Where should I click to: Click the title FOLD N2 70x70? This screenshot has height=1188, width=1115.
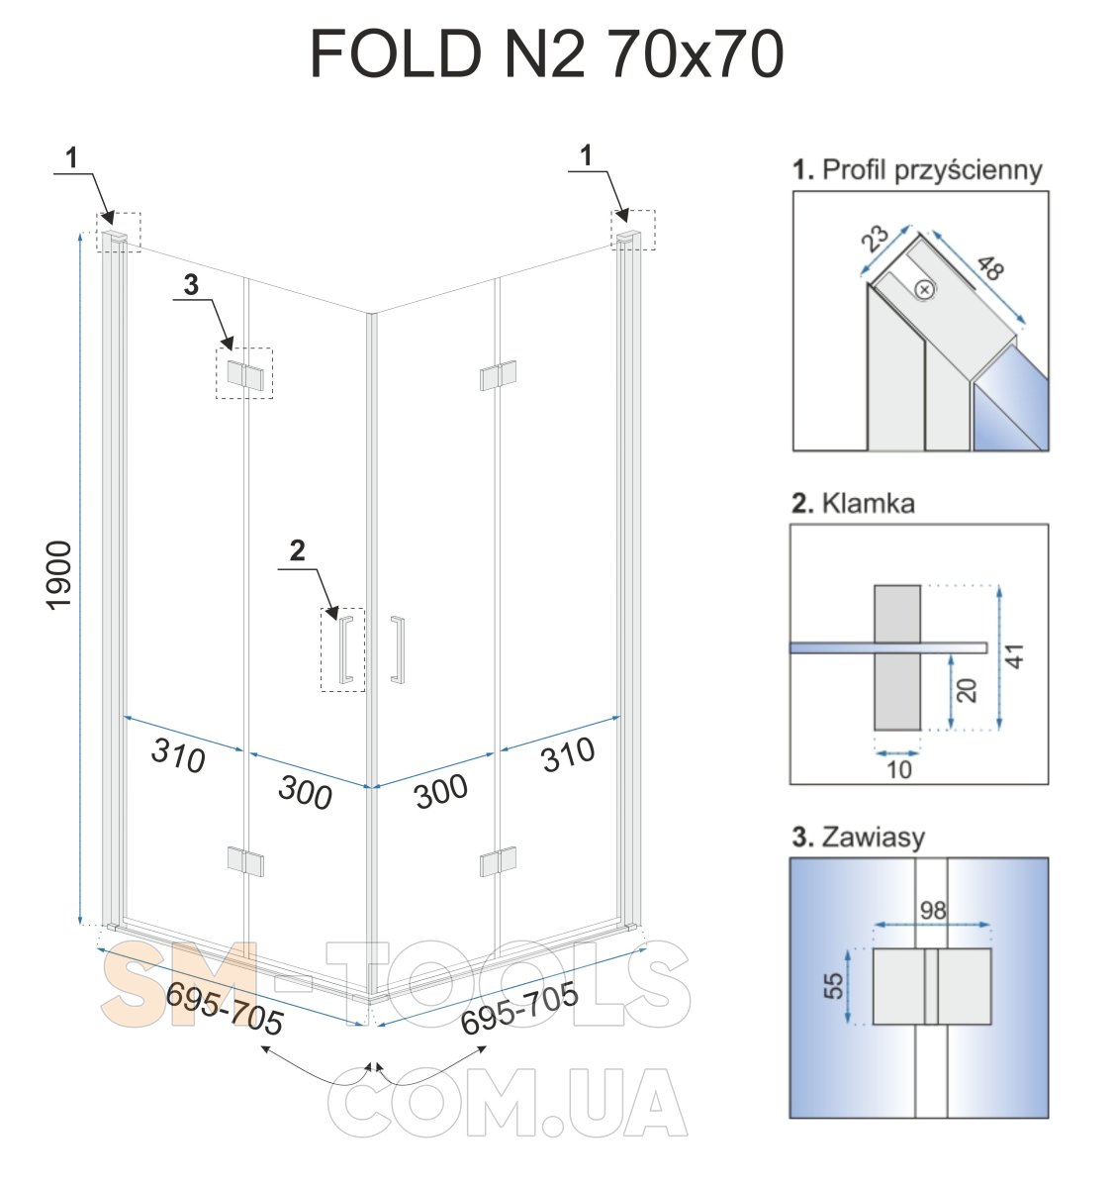546,54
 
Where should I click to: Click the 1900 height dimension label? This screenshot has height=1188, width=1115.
59,575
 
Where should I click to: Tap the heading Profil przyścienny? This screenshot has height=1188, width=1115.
931,169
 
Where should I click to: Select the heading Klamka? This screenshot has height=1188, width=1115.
868,503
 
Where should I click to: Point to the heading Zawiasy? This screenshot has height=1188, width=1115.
873,838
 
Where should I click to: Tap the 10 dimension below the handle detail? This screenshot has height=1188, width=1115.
898,770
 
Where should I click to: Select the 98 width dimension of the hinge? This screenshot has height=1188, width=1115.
933,911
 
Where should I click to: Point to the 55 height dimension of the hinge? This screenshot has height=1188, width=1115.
833,986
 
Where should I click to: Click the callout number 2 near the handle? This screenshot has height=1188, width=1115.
297,550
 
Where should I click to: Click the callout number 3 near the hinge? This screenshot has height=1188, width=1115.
191,285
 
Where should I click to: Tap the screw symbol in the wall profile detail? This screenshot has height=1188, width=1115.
925,290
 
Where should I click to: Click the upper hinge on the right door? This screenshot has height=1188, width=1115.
498,375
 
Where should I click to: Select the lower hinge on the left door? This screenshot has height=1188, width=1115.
245,861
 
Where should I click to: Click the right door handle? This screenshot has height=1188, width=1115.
398,649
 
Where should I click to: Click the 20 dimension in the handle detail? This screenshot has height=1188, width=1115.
967,690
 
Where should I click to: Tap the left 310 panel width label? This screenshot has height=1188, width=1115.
178,755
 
